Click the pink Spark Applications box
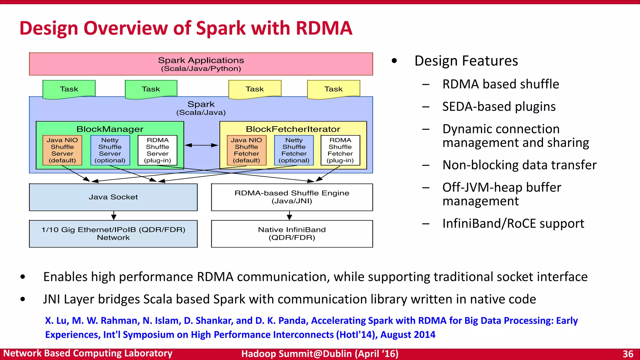pyautogui.click(x=201, y=64)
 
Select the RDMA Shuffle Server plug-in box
pyautogui.click(x=157, y=150)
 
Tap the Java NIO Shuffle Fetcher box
pyautogui.click(x=247, y=150)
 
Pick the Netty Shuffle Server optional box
pyautogui.click(x=110, y=150)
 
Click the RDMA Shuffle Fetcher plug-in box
pyautogui.click(x=340, y=150)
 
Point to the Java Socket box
pyautogui.click(x=113, y=197)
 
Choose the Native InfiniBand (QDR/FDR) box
pyautogui.click(x=292, y=234)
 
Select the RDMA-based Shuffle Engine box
pyautogui.click(x=292, y=197)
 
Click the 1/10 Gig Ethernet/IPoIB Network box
pyautogui.click(x=113, y=234)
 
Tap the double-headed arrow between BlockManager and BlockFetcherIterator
pyautogui.click(x=202, y=145)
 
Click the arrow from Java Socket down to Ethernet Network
pyautogui.click(x=114, y=215)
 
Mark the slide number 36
pyautogui.click(x=628, y=354)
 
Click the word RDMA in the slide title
pyautogui.click(x=324, y=28)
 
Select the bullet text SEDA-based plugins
pyautogui.click(x=499, y=107)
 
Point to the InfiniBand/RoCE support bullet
pyautogui.click(x=513, y=223)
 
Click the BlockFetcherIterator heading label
pyautogui.click(x=293, y=129)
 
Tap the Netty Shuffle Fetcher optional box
pyautogui.click(x=294, y=150)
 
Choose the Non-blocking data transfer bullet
pyautogui.click(x=519, y=165)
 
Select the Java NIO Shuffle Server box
pyautogui.click(x=62, y=150)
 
